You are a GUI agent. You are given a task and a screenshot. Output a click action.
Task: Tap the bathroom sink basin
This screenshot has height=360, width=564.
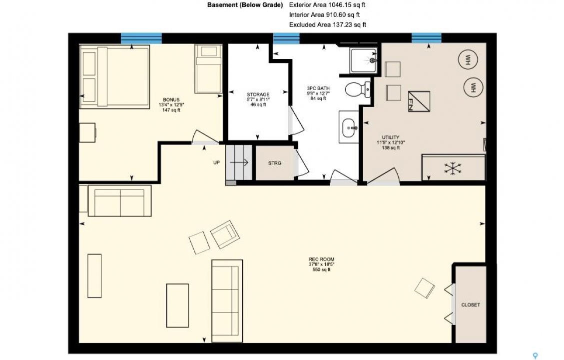coord(349,127)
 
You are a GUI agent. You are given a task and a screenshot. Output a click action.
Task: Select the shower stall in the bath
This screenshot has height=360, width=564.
coord(364,60)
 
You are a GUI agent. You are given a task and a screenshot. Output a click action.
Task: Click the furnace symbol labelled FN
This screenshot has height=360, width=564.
coord(419,102)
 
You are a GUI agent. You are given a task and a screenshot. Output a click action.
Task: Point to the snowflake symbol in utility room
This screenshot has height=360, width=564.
coord(450,168)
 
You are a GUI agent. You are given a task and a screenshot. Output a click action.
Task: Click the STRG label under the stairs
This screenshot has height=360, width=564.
coord(274,163)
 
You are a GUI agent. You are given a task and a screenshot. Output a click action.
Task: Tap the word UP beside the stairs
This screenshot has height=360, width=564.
coord(216,162)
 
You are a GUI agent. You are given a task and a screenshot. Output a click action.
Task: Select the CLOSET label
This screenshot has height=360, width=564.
coord(471,305)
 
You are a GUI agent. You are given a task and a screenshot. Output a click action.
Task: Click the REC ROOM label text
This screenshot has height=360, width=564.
coord(321,259)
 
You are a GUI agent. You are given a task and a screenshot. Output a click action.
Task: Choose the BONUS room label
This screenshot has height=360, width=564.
coord(171,99)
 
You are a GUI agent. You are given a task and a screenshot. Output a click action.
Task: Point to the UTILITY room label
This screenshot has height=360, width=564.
coord(391,137)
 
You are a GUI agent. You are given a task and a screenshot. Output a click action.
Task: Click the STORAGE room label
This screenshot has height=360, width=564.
coord(258,94)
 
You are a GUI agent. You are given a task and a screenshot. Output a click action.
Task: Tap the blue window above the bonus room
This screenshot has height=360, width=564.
coord(141,38)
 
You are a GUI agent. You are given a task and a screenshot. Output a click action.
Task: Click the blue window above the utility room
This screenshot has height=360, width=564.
coord(427,38)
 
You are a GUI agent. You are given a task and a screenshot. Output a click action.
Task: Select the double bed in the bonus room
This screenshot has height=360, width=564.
coord(115,76)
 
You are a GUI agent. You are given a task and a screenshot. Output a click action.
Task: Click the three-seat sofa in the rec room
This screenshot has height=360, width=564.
coord(227,301)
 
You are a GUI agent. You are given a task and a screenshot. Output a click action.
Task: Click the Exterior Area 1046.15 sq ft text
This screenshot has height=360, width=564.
coord(327,5)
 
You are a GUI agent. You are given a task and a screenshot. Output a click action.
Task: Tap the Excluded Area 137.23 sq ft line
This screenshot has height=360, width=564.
coord(328,25)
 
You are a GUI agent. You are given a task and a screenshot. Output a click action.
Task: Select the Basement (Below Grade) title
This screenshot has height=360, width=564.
coord(245,5)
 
